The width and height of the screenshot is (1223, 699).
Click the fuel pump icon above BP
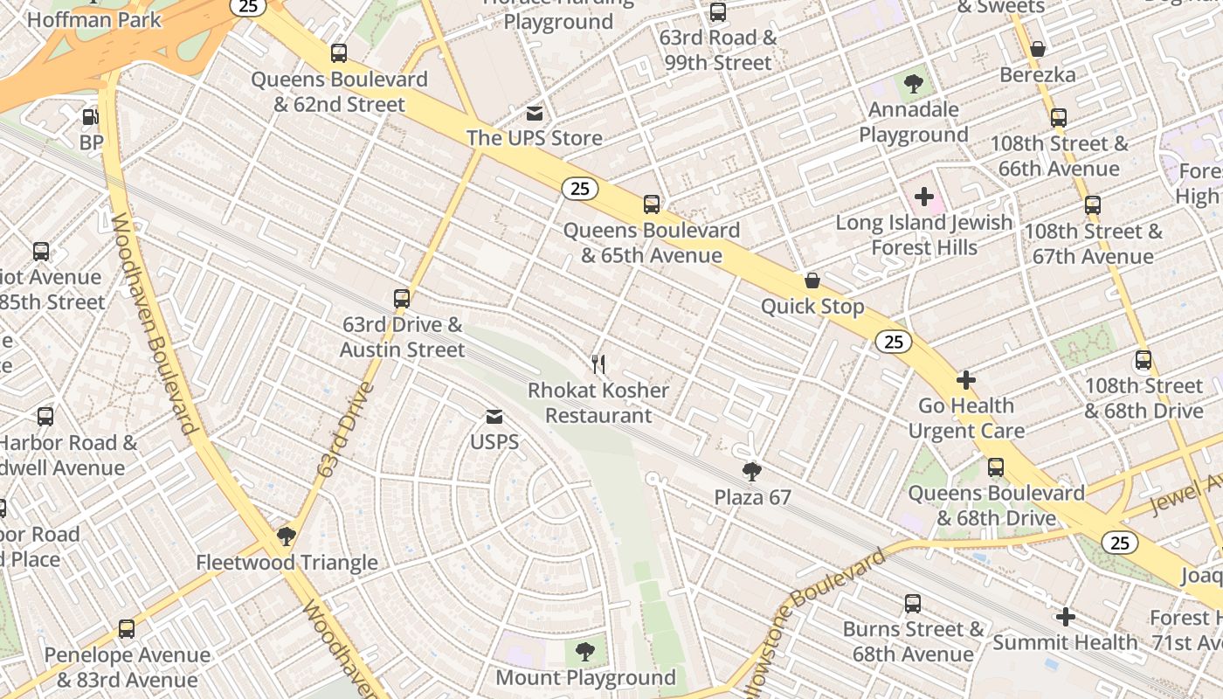(90, 117)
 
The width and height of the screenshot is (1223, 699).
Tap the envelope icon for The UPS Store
(534, 114)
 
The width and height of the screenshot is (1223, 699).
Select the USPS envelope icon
(494, 417)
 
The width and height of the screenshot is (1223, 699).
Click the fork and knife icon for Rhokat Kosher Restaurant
(598, 364)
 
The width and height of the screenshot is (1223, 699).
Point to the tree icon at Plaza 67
(751, 473)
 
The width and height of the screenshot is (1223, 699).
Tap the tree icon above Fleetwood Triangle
(287, 536)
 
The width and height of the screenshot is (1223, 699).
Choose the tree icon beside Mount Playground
(585, 652)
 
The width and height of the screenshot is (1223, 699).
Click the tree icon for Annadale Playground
(914, 85)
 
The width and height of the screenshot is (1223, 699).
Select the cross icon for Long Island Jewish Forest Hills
(924, 197)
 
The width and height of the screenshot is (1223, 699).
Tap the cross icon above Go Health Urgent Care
(965, 380)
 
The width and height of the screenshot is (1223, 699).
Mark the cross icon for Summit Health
(1065, 617)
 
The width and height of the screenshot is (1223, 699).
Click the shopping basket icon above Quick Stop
(812, 280)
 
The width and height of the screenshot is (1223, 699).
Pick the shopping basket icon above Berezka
(1038, 49)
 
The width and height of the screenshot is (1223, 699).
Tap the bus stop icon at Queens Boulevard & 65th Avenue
(652, 204)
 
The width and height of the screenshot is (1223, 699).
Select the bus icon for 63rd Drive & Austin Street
(402, 299)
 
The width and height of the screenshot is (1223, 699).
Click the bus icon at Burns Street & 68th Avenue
(913, 603)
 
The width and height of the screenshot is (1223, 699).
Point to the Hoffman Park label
(94, 19)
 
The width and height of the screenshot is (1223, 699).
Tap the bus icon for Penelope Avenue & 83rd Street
(127, 629)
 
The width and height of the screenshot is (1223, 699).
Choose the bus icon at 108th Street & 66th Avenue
(1059, 118)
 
